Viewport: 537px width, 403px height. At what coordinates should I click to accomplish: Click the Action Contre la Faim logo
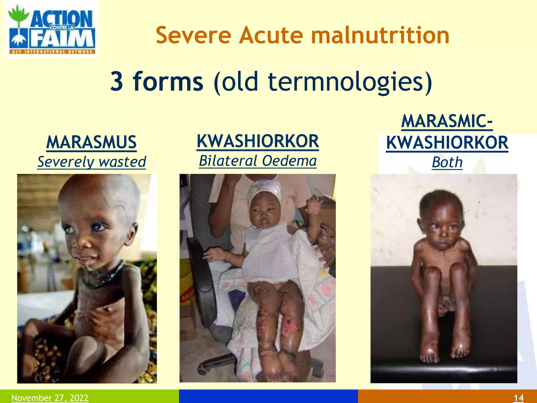click(51, 29)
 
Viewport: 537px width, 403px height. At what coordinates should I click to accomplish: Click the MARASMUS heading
click(92, 142)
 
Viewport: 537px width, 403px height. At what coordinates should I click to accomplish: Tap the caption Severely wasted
click(92, 162)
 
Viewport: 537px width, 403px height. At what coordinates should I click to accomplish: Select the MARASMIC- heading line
click(447, 121)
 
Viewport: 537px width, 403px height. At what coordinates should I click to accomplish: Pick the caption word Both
click(447, 162)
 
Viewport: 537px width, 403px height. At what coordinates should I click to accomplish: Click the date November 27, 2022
click(50, 398)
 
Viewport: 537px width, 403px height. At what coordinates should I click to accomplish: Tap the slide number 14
click(518, 398)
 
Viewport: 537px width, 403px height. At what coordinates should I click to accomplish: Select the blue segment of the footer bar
click(268, 396)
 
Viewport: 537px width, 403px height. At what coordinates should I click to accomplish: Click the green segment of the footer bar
click(131, 396)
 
